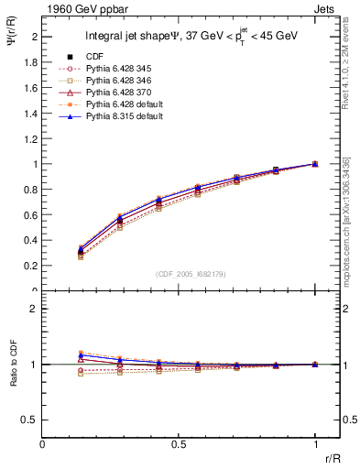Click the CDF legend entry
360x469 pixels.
tap(94, 57)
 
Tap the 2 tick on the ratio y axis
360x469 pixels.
tap(35, 309)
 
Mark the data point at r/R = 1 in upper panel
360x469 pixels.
tap(314, 164)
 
